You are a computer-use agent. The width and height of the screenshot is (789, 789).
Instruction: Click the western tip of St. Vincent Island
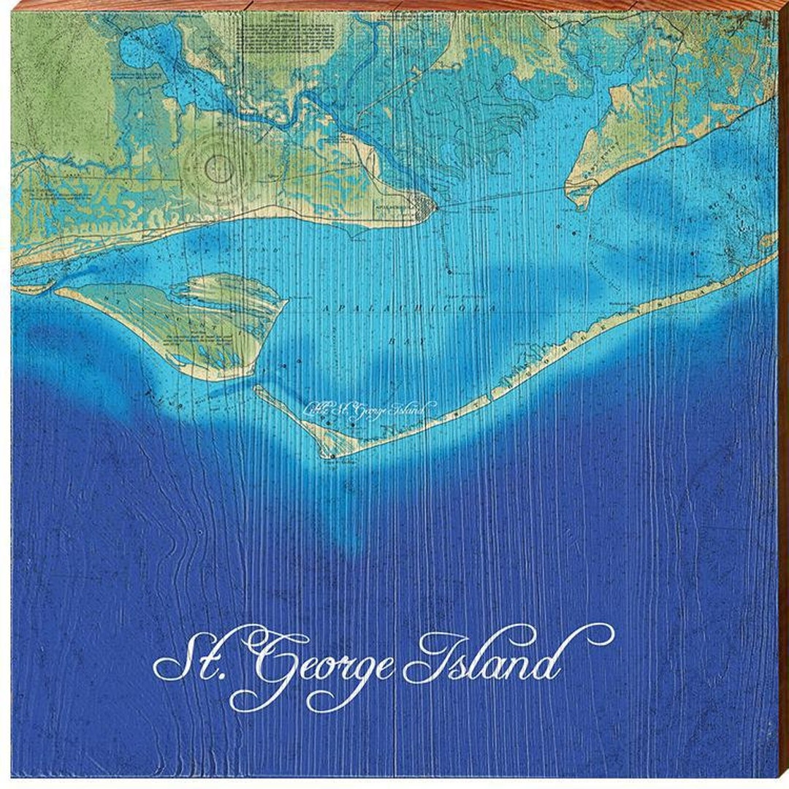[58, 291]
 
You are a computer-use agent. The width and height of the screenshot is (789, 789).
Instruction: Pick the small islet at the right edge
[767, 241]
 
